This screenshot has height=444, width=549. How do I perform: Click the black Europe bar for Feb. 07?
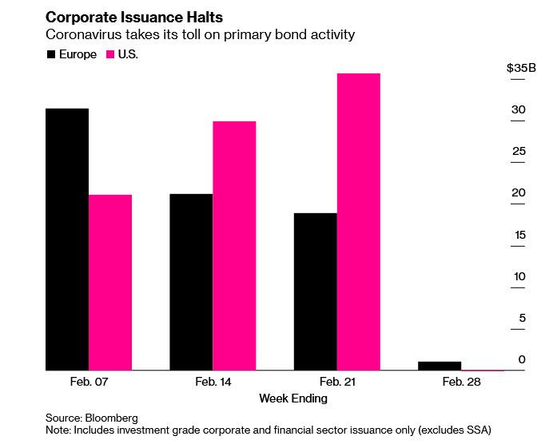pyautogui.click(x=67, y=240)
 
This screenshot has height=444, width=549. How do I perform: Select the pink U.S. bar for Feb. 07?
pyautogui.click(x=110, y=283)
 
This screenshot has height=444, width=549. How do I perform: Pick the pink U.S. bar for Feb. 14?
pyautogui.click(x=234, y=246)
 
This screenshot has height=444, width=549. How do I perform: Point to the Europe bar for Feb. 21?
pyautogui.click(x=315, y=291)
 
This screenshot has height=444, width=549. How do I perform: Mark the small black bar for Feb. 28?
pyautogui.click(x=439, y=366)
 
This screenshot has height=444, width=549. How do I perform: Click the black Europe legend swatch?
pyautogui.click(x=52, y=54)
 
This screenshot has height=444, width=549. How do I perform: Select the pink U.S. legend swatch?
pyautogui.click(x=111, y=54)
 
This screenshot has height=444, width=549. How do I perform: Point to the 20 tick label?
pyautogui.click(x=519, y=193)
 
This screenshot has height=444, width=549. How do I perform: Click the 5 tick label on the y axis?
pyautogui.click(x=522, y=318)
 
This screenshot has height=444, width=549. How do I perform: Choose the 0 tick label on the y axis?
pyautogui.click(x=522, y=359)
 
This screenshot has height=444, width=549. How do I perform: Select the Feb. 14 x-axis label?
pyautogui.click(x=213, y=383)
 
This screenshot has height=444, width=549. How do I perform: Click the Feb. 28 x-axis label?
pyautogui.click(x=460, y=383)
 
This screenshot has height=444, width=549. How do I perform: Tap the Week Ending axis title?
pyautogui.click(x=292, y=398)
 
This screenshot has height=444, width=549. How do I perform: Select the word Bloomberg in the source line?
pyautogui.click(x=112, y=418)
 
